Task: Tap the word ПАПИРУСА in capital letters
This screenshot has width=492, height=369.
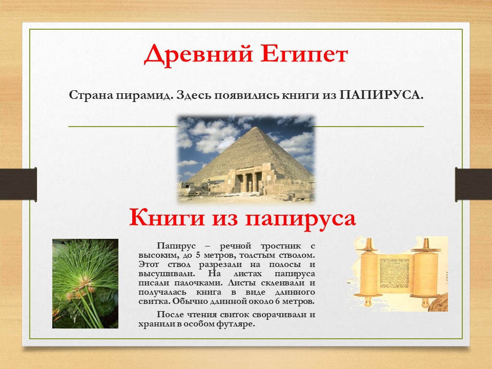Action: pyautogui.click(x=381, y=95)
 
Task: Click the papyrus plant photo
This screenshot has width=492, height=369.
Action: pyautogui.click(x=86, y=283)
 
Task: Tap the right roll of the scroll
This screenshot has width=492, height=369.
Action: pyautogui.click(x=425, y=272)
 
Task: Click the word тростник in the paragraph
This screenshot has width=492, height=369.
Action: pyautogui.click(x=281, y=247)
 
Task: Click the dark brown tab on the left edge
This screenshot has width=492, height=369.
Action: pyautogui.click(x=18, y=184)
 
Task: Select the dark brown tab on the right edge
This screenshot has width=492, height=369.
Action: pyautogui.click(x=474, y=184)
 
